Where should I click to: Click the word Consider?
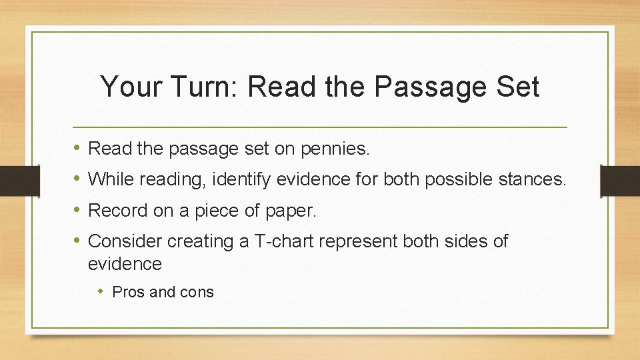[125, 241]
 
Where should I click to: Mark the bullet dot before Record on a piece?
[78, 211]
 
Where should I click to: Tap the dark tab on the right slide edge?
[620, 180]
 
